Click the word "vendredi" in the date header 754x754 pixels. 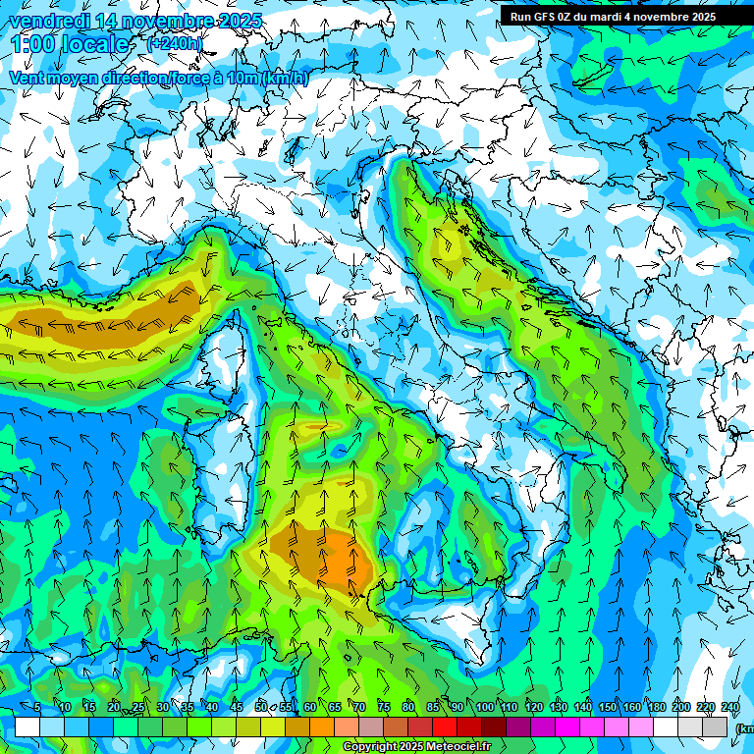[x=50, y=21]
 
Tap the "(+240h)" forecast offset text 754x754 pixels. [x=176, y=43]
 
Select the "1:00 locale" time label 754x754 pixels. [x=69, y=44]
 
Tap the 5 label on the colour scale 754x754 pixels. [x=38, y=708]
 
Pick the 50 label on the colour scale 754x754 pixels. [x=261, y=708]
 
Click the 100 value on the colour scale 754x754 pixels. [x=484, y=708]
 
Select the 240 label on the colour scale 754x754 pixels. [x=730, y=708]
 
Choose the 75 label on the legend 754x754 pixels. [x=385, y=708]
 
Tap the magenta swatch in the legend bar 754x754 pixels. [x=568, y=727]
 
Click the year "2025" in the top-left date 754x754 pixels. [x=240, y=21]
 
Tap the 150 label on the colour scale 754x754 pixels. [x=608, y=708]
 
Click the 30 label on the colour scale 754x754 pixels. [x=162, y=708]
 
